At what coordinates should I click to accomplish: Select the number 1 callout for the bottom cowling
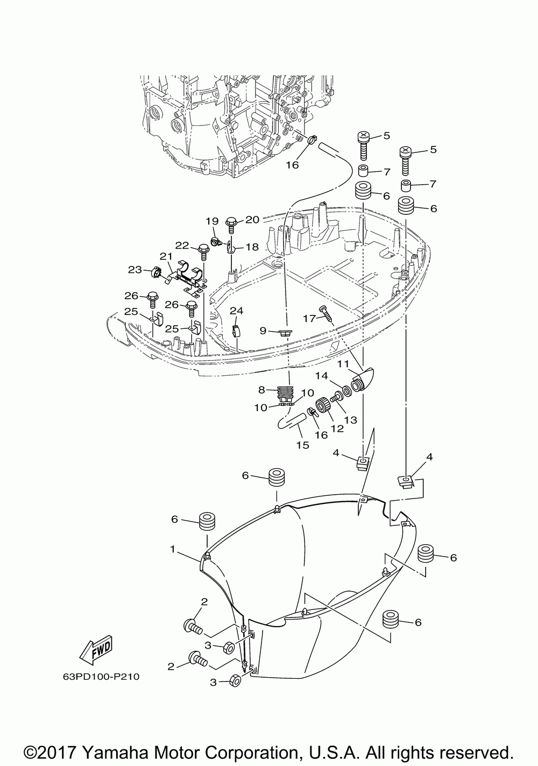(173, 549)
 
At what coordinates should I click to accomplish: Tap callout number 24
(236, 311)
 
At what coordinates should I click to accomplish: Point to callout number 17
(309, 319)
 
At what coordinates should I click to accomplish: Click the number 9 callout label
(263, 331)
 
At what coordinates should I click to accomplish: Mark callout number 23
(134, 270)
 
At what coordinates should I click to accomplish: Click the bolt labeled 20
(231, 225)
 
